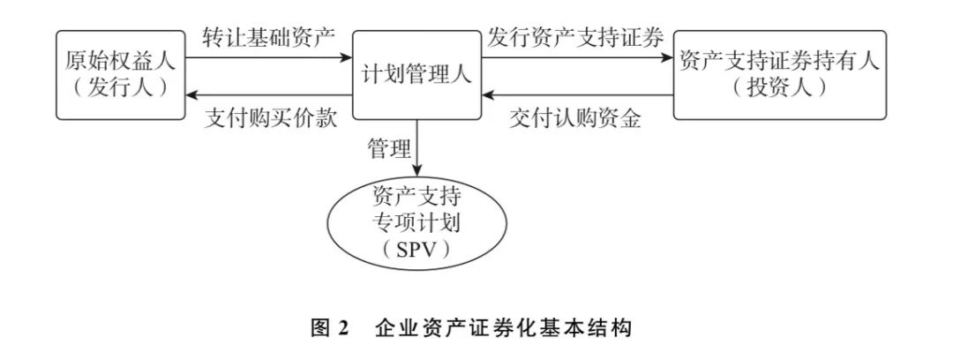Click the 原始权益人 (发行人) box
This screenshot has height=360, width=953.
click(121, 75)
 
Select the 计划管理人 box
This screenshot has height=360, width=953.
click(416, 75)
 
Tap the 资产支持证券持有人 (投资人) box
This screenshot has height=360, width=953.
click(779, 75)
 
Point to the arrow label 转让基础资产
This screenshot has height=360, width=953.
click(268, 38)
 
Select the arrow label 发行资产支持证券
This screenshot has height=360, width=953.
click(575, 38)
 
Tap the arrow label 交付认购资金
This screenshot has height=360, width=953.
click(575, 118)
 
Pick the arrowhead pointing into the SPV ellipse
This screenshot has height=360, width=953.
click(417, 173)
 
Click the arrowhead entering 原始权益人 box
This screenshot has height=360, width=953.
click(192, 95)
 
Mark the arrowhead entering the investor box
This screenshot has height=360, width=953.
click(666, 57)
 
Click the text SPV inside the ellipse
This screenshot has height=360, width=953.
click(417, 250)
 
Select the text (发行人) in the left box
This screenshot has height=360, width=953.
click(121, 87)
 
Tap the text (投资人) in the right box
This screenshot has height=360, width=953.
click(779, 87)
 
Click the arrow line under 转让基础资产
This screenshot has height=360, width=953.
click(269, 57)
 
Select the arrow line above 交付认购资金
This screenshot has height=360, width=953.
click(577, 95)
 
